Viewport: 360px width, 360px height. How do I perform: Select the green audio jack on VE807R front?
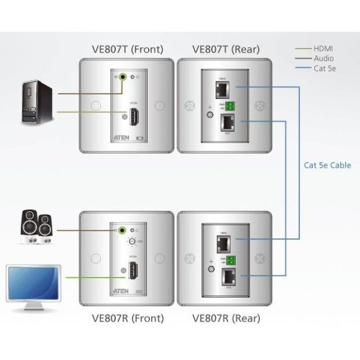tap(125, 229)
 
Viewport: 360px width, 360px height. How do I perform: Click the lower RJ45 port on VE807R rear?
tap(228, 275)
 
